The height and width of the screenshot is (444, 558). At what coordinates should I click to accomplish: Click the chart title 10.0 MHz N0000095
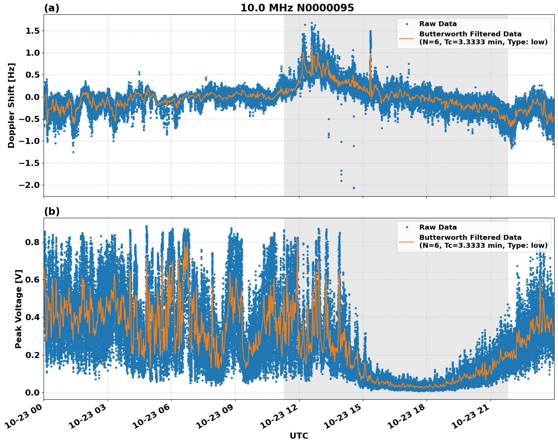click(x=297, y=8)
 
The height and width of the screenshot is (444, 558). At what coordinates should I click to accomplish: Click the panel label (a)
click(x=52, y=8)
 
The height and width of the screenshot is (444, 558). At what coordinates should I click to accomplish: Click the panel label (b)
click(x=52, y=211)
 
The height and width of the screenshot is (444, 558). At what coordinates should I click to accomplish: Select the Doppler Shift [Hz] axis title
click(x=11, y=105)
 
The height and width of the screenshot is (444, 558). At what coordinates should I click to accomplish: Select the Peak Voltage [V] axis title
click(x=19, y=309)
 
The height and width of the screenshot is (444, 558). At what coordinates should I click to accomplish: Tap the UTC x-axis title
click(x=299, y=436)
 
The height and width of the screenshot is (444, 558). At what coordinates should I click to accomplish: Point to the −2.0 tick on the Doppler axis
click(x=30, y=185)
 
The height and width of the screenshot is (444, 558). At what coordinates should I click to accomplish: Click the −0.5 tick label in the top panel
click(x=30, y=119)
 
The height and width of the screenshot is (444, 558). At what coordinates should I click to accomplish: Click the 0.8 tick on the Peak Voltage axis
click(x=33, y=242)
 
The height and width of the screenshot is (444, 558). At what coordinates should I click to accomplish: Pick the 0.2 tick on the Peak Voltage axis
click(x=33, y=355)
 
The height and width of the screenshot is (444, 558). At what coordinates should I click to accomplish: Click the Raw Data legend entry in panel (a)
click(x=438, y=24)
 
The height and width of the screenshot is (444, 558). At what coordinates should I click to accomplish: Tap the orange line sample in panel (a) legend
click(x=406, y=38)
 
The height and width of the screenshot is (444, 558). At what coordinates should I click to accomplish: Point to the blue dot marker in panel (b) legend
click(x=407, y=227)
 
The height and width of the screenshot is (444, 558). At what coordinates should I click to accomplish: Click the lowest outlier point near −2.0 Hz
click(x=354, y=188)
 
